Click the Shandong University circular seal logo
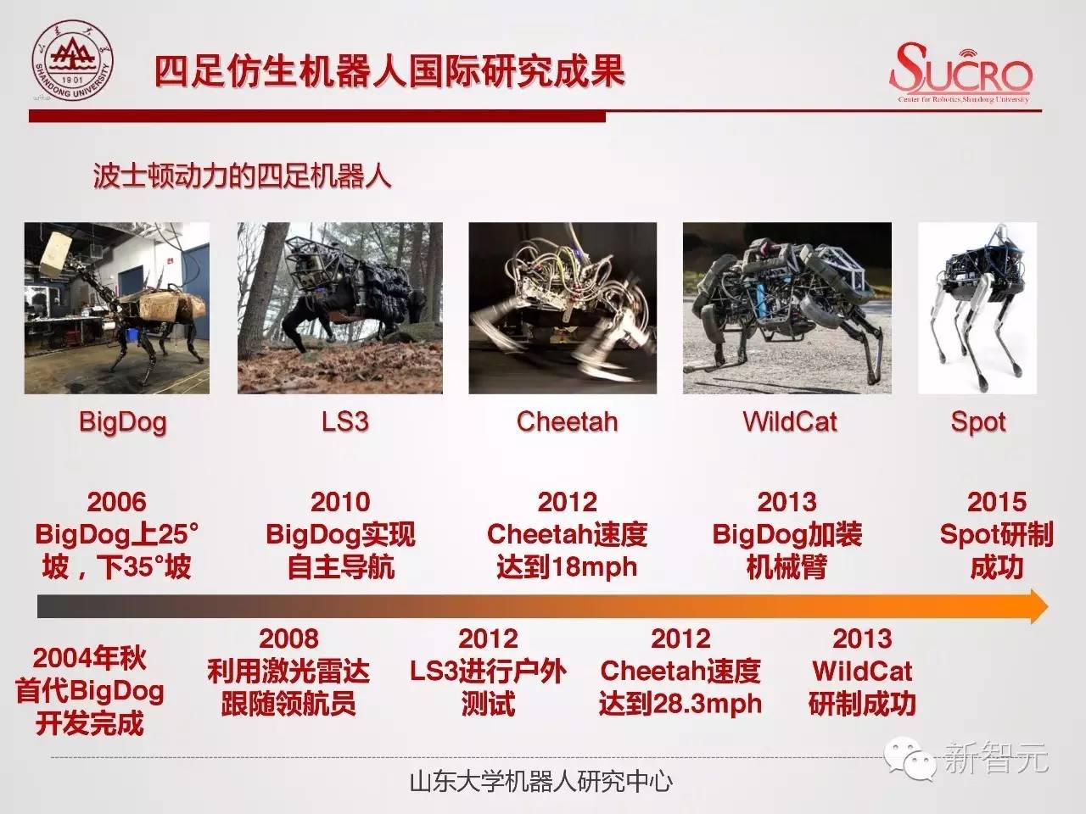click(73, 61)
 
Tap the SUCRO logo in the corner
click(961, 72)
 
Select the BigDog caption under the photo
click(123, 422)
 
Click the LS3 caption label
click(344, 421)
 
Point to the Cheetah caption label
click(567, 421)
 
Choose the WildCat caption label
click(790, 421)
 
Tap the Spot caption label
click(978, 422)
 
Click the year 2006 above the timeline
click(117, 502)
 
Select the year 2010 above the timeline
click(340, 502)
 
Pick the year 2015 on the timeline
click(997, 502)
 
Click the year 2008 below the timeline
click(289, 638)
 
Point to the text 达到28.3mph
click(680, 703)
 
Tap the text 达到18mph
click(567, 567)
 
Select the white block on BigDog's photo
click(55, 255)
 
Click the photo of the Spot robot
click(977, 308)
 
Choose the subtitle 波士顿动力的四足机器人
click(242, 176)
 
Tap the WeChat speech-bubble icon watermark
click(910, 759)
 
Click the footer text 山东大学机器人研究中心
click(541, 782)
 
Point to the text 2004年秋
click(90, 658)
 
